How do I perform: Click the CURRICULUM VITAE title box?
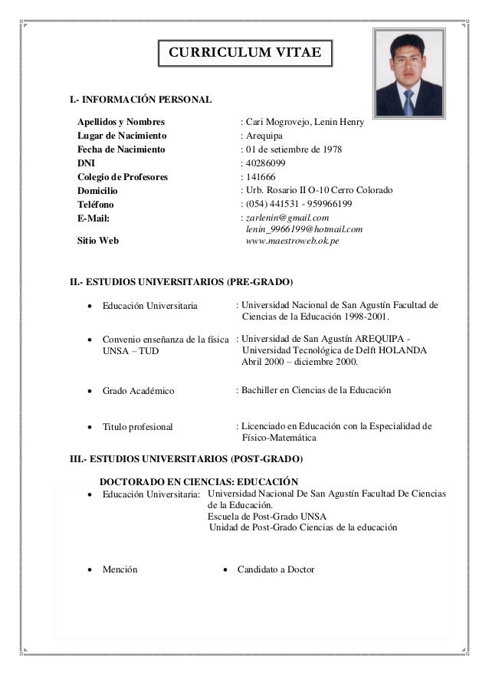[x=245, y=52]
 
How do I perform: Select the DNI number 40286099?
[x=265, y=163]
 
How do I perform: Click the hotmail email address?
[x=304, y=229]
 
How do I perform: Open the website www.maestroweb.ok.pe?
[x=292, y=241]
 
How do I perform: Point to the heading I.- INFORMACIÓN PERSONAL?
[x=141, y=100]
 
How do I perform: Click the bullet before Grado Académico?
[x=90, y=392]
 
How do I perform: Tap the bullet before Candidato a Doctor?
[x=225, y=570]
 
